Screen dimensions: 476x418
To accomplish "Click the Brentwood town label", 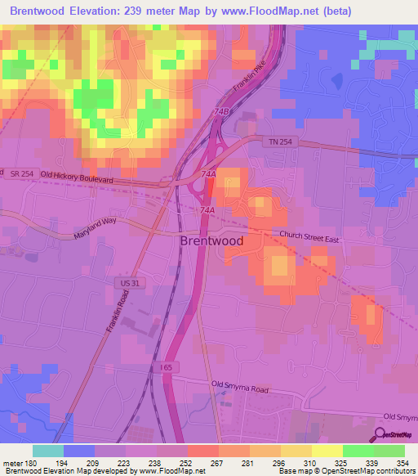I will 211,242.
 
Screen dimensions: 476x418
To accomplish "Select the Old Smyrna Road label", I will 239,384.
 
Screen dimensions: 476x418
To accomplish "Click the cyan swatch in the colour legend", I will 48,451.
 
